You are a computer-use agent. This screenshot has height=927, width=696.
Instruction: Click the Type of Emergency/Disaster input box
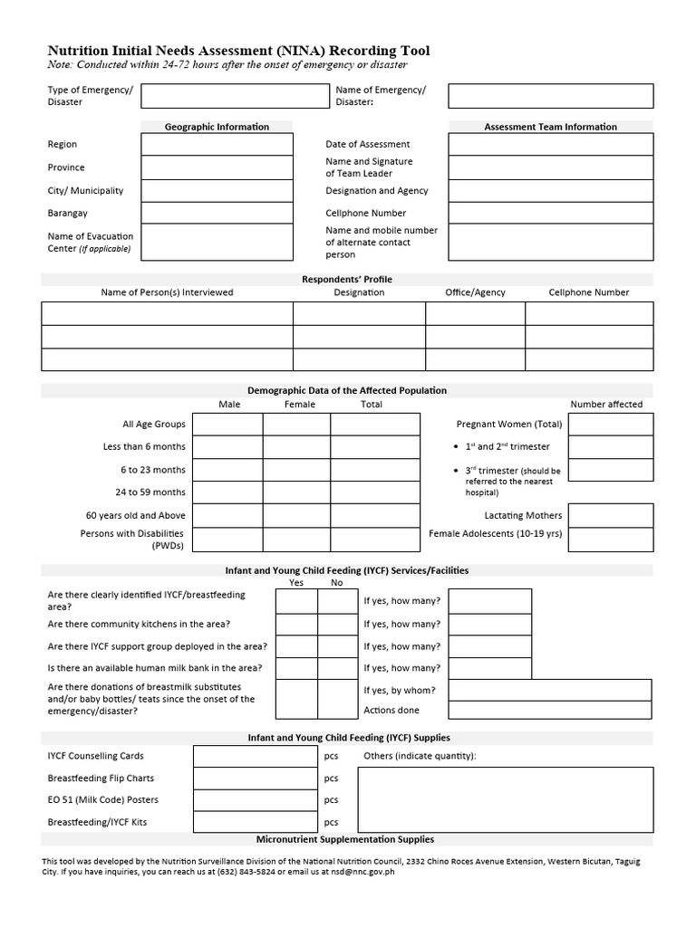[235, 96]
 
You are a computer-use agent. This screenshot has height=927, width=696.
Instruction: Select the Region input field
[217, 144]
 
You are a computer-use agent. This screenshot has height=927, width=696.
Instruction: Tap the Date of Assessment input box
[550, 144]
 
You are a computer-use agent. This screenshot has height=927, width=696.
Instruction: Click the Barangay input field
[217, 214]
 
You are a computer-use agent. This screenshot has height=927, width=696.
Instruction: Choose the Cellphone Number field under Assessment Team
[550, 214]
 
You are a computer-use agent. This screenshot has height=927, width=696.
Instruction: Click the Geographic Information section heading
[217, 127]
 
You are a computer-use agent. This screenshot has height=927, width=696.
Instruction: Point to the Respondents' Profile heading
[347, 280]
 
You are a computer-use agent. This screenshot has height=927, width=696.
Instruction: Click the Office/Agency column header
[475, 292]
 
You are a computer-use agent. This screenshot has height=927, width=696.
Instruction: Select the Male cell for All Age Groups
[227, 425]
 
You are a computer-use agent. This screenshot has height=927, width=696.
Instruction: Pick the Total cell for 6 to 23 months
[374, 470]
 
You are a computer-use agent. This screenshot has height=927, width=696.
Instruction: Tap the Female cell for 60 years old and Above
[296, 516]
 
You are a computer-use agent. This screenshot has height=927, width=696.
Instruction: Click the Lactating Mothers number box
[610, 515]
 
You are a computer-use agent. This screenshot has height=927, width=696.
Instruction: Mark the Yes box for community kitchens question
[296, 625]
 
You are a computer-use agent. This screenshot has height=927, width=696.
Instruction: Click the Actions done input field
[550, 711]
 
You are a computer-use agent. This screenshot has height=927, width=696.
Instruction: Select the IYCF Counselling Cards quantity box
[256, 756]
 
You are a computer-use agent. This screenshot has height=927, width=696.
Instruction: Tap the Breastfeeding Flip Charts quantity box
[256, 779]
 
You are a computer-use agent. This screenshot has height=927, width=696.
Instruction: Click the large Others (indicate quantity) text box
[505, 799]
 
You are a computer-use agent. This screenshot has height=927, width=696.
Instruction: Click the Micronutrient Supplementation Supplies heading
[345, 839]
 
